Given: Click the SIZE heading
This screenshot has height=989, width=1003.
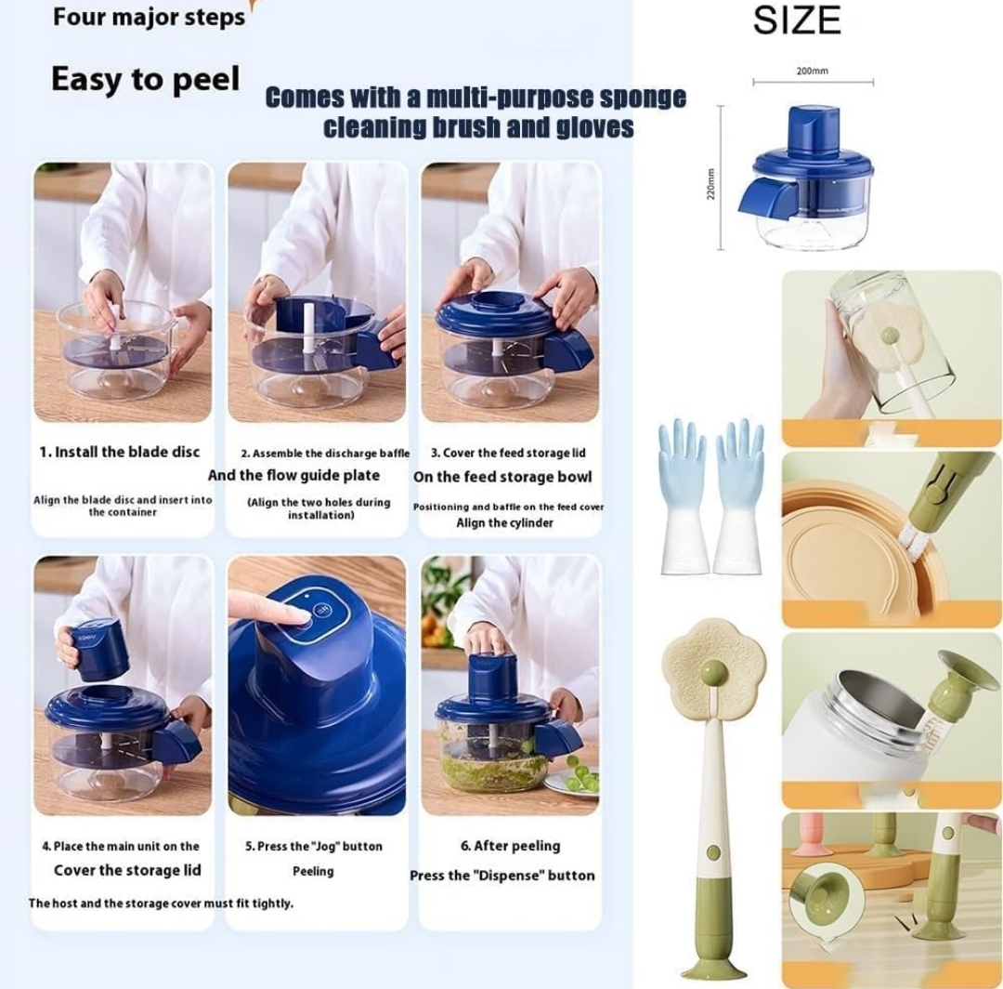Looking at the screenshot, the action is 797,20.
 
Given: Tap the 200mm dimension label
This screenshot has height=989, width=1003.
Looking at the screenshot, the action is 813,71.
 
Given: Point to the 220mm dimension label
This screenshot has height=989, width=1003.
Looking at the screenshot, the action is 710,184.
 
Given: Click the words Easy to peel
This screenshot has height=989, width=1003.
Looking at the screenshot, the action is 145,80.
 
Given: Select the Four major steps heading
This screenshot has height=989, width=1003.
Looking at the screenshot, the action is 149,18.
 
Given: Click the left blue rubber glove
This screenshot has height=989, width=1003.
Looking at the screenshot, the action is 684,496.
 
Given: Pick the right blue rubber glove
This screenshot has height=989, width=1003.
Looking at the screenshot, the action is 739,496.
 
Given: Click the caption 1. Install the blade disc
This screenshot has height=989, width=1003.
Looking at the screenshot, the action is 120,452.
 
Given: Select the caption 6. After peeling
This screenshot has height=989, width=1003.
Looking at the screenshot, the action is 511,846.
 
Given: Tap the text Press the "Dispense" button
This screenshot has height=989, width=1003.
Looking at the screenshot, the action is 502,875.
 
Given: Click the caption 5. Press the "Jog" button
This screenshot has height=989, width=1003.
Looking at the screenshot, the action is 314,846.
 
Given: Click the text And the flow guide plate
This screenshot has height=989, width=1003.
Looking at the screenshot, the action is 293,476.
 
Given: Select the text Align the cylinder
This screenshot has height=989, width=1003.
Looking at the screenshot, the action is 504,523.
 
